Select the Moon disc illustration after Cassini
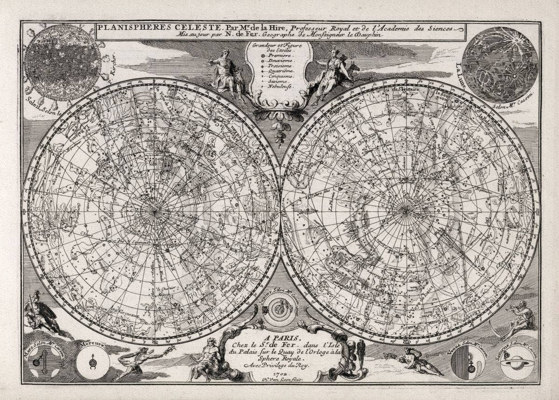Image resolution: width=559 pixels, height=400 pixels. tap(500, 64)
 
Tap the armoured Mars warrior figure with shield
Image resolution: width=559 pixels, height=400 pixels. tap(42, 313)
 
